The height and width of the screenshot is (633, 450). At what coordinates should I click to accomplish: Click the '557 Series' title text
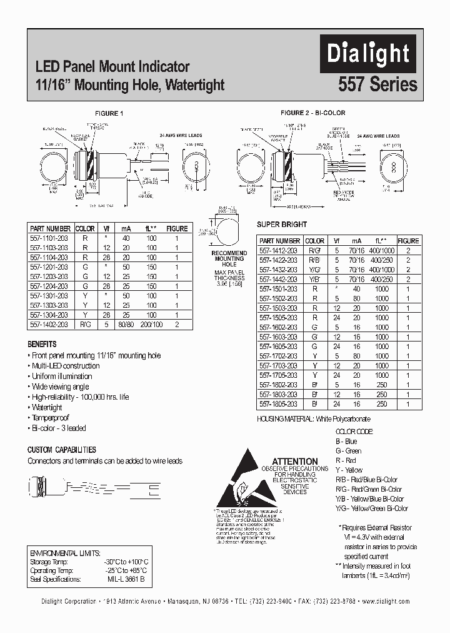[x=377, y=84]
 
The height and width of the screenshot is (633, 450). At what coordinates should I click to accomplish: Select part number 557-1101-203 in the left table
[x=50, y=238]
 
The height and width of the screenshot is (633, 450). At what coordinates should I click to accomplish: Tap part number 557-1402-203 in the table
[x=50, y=324]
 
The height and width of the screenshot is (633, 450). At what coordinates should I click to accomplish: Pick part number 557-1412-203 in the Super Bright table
[x=279, y=250]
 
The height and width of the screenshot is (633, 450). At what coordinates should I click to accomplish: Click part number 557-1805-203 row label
[x=279, y=404]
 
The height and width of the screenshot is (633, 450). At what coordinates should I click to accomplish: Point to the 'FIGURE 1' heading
[x=109, y=113]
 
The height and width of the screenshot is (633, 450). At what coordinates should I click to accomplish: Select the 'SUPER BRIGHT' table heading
[x=282, y=224]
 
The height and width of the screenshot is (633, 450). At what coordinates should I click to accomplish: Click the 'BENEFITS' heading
[x=42, y=344]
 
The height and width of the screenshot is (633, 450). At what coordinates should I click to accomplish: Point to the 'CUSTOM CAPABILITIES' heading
[x=61, y=449]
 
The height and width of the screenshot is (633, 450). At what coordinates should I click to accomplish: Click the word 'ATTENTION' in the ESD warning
[x=294, y=461]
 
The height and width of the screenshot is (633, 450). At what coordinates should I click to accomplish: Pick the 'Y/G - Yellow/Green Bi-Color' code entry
[x=372, y=509]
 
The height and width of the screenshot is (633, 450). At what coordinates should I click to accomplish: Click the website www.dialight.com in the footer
[x=385, y=600]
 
